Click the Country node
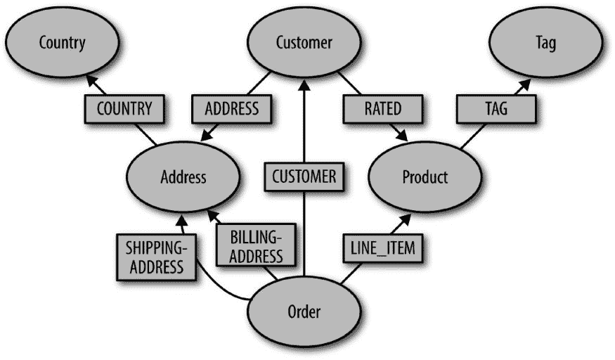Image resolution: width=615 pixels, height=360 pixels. (x=62, y=44)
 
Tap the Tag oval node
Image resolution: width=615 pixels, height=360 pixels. (x=545, y=44)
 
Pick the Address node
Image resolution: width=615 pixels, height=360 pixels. (x=183, y=176)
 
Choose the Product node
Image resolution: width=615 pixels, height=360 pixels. (x=425, y=176)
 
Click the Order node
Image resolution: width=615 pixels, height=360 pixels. (x=304, y=310)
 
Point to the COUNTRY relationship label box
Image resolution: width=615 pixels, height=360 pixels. (x=124, y=110)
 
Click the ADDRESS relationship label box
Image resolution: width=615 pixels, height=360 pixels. (x=231, y=110)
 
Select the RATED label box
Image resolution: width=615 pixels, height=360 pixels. (x=383, y=110)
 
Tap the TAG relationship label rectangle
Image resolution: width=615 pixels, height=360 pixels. (x=496, y=110)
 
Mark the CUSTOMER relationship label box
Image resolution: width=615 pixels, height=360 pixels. (x=304, y=176)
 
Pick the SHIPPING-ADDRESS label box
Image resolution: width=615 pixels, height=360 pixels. (x=155, y=256)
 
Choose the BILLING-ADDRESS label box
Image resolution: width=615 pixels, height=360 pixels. (x=256, y=246)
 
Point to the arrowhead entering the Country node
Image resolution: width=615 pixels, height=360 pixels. (x=91, y=82)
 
